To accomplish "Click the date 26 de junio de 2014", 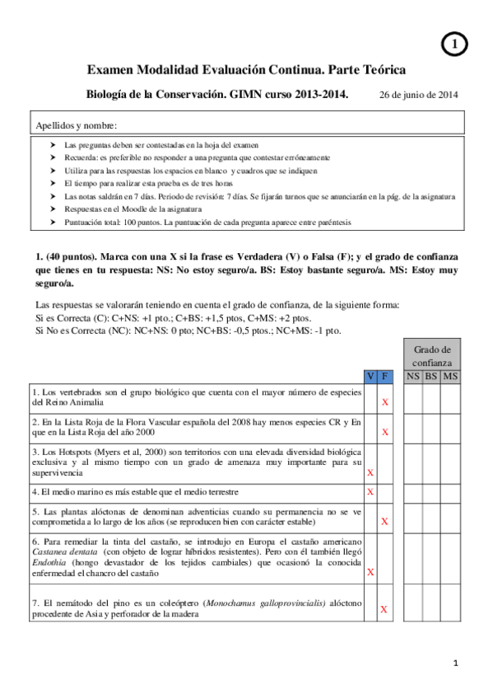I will coord(418,95).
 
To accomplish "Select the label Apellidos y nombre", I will coord(76,125).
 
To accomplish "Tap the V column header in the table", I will coord(370,377).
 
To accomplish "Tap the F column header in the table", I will coord(385,377).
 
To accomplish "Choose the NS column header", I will coord(412,377).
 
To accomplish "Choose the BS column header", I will coord(431,377).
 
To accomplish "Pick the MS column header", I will coord(450,377).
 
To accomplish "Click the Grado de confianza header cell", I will coord(431,355).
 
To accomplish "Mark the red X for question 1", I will coord(385,403).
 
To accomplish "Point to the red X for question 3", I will coord(370,473).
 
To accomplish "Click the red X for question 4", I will coord(370,492).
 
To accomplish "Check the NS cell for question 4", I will coord(412,492).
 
